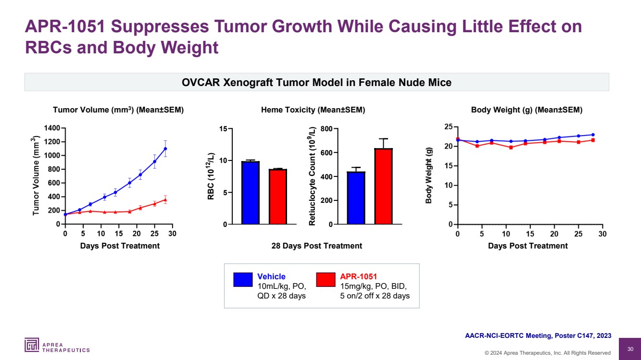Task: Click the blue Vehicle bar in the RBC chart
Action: click(251, 193)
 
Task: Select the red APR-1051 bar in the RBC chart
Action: click(278, 197)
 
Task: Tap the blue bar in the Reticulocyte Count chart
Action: click(356, 198)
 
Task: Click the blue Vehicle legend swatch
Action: click(243, 280)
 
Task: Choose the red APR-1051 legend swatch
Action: click(326, 280)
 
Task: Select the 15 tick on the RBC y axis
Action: click(223, 129)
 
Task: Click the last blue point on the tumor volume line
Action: click(165, 149)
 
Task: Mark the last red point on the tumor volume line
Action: click(165, 199)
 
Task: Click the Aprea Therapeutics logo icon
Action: click(32, 345)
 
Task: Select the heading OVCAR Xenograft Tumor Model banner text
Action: click(316, 83)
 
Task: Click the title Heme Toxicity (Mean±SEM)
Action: click(313, 110)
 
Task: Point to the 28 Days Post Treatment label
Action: click(316, 246)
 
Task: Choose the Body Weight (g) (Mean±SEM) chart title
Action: click(527, 110)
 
